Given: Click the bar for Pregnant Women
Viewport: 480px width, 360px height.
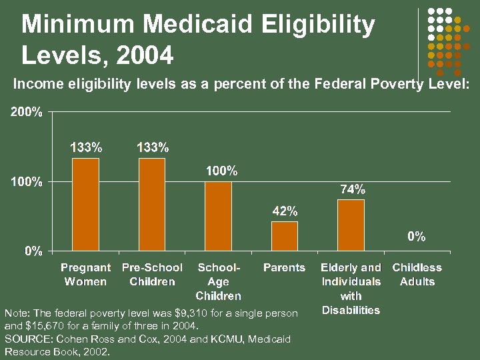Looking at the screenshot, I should tap(85, 205).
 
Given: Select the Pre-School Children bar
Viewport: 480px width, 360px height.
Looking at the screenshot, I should tap(152, 205).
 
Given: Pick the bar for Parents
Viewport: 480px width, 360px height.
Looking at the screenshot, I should tap(285, 236).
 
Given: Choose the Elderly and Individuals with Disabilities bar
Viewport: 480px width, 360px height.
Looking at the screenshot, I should tap(351, 225).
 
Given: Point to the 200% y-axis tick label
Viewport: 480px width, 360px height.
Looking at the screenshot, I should tap(26, 112).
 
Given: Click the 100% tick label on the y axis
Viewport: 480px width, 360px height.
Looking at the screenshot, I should tap(26, 182).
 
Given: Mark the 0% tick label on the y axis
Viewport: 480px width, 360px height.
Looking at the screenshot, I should tap(31, 251).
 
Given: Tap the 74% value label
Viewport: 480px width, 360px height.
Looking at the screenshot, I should tap(353, 190).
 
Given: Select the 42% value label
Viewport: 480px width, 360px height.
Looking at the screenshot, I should tap(285, 211).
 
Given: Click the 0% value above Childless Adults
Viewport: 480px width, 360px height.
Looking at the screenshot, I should tap(417, 237).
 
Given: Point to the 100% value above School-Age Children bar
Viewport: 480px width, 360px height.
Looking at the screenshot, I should tap(221, 171).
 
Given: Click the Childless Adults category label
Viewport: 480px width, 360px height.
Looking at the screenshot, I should tap(417, 275).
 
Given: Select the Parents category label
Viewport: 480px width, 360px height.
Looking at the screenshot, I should tap(284, 268).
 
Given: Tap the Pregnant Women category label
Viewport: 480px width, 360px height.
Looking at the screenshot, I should tap(85, 275).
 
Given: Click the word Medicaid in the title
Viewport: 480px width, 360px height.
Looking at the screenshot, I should tap(198, 25).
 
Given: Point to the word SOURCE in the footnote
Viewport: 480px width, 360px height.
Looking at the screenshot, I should tap(25, 339).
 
